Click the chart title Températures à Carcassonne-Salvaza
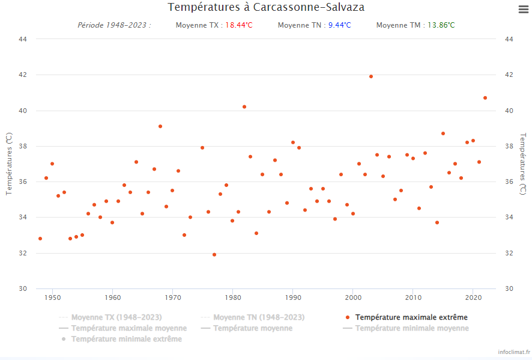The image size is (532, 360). tap(266, 7)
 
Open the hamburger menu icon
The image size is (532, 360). tap(522, 9)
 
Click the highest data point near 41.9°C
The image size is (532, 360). tap(371, 76)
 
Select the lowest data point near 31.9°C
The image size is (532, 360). tap(214, 255)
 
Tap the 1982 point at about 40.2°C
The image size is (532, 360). tap(244, 107)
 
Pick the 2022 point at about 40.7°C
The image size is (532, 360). tap(485, 98)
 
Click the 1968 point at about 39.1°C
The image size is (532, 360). tap(160, 126)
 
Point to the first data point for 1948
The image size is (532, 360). tap(40, 239)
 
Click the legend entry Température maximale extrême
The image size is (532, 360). tap(411, 317)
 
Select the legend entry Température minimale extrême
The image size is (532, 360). tap(126, 339)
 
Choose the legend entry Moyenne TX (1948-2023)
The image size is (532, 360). tap(116, 317)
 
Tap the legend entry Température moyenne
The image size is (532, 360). tap(253, 328)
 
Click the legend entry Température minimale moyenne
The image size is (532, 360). tap(412, 328)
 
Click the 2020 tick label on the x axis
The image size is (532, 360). tap(473, 297)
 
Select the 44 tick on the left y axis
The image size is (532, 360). tap(23, 39)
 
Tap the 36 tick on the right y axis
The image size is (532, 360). tap(508, 182)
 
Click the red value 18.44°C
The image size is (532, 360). tap(239, 25)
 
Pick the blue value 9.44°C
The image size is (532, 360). tap(339, 25)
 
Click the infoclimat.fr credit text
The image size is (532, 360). tap(510, 351)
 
